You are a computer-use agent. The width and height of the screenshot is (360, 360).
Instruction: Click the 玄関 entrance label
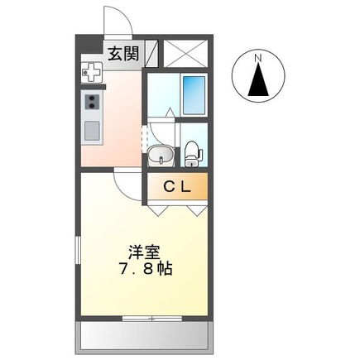[x=122, y=54]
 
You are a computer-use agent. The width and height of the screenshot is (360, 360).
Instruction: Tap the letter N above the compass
[x=257, y=56]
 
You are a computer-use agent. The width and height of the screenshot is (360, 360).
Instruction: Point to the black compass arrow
[x=257, y=81]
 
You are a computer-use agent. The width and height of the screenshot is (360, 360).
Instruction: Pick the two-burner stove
[x=91, y=104]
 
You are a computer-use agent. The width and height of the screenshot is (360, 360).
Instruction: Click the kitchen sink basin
[x=91, y=131]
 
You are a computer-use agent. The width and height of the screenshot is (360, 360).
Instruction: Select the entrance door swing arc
[x=113, y=21]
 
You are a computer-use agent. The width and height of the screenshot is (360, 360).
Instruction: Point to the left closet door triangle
[x=158, y=210]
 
